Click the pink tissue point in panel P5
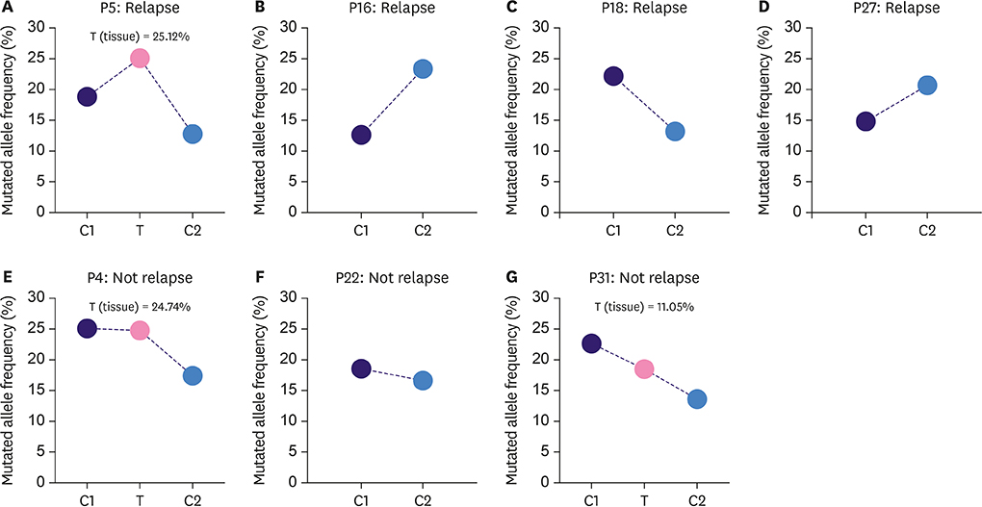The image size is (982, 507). (x=140, y=59)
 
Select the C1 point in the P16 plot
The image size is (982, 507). (x=361, y=135)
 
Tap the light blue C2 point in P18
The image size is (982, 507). (x=674, y=131)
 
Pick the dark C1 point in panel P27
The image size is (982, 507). (x=866, y=121)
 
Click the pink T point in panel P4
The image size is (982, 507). (x=140, y=330)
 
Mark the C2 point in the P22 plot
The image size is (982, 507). (x=423, y=381)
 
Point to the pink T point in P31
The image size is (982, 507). (x=644, y=368)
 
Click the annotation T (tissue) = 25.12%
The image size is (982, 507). (x=140, y=37)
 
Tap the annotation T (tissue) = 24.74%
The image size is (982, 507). (x=140, y=307)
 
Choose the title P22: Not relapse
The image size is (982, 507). (x=392, y=278)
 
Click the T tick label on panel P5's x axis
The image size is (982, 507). (x=140, y=231)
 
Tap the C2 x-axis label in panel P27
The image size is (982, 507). (x=926, y=231)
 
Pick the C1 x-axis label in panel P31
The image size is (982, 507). (x=591, y=500)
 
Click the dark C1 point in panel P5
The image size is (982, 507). (x=87, y=96)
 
